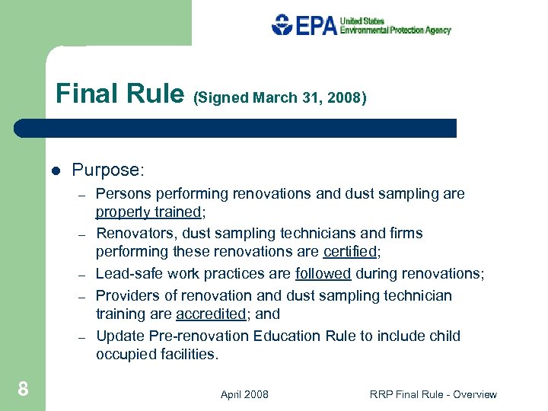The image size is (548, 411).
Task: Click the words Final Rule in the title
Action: coord(119,94)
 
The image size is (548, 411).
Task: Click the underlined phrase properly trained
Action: coord(148,212)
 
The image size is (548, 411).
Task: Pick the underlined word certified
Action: coord(350,251)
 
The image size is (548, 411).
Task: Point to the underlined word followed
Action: coord(323,274)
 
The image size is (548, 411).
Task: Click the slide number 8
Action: coord(24,390)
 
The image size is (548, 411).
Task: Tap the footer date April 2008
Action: coord(244,394)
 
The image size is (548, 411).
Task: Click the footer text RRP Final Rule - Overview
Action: coord(433,394)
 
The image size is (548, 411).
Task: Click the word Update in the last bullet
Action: coord(117,336)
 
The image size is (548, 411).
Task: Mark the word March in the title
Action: coord(273,97)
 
